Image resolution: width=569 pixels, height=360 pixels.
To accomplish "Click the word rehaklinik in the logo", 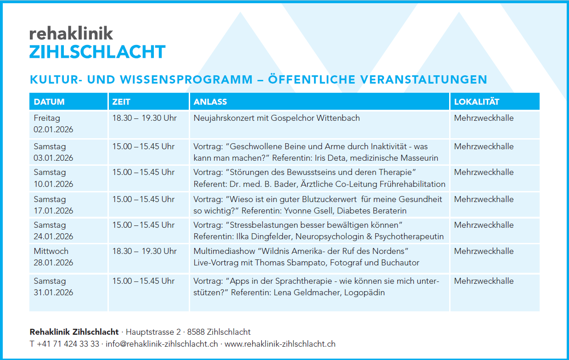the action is pos(71,33).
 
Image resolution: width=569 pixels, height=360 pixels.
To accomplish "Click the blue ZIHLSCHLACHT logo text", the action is pos(97,52).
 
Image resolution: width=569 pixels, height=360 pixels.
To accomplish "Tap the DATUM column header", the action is pos(49,102).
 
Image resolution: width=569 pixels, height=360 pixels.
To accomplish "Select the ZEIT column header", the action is pos(121,102).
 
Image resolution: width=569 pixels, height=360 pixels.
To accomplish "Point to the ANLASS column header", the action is pos(210,102).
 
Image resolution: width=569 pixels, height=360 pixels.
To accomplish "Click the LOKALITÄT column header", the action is pos(477,101).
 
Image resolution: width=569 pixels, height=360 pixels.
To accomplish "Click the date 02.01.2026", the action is pos(53,129).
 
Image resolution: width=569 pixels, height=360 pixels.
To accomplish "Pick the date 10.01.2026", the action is pos(53,184).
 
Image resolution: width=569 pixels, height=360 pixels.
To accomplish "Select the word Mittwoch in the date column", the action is pos(51,251).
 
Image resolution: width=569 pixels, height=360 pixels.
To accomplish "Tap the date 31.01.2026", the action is pos(53,292).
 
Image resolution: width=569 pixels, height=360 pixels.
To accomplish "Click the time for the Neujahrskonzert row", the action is pos(144,118).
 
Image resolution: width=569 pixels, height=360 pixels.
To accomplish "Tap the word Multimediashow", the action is pos(224,251).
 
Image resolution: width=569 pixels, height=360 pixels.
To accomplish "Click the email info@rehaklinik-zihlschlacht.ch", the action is pos(162,344).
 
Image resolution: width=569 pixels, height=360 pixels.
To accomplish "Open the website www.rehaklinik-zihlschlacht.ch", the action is pos(280,344).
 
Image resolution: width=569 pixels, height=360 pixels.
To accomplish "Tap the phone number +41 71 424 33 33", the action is pos(68,344).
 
